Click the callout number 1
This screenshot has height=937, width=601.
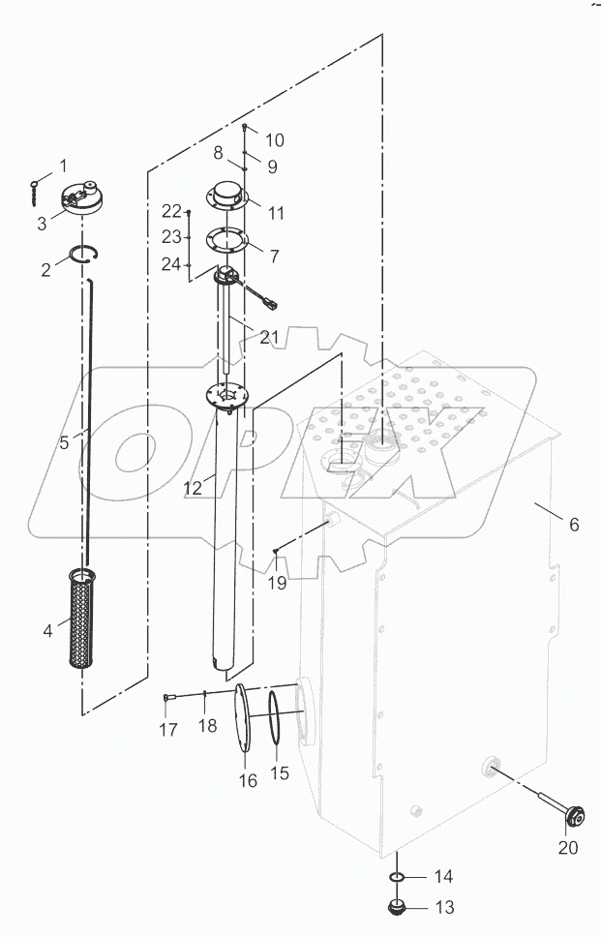click(x=62, y=166)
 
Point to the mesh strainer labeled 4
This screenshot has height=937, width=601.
click(x=82, y=619)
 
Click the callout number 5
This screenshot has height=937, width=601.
click(x=65, y=442)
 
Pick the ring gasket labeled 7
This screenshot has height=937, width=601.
click(x=226, y=240)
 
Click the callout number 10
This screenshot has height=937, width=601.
click(x=275, y=140)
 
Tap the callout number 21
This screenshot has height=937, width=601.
click(x=269, y=337)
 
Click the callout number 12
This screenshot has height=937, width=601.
click(x=193, y=488)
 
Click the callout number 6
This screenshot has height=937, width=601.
click(x=574, y=524)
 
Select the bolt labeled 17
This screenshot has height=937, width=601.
click(x=168, y=697)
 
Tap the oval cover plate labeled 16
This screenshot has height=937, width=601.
click(x=243, y=717)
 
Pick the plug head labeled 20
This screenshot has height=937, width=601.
click(x=575, y=817)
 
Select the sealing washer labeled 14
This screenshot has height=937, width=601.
click(x=396, y=877)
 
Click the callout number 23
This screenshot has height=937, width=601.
click(x=171, y=237)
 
